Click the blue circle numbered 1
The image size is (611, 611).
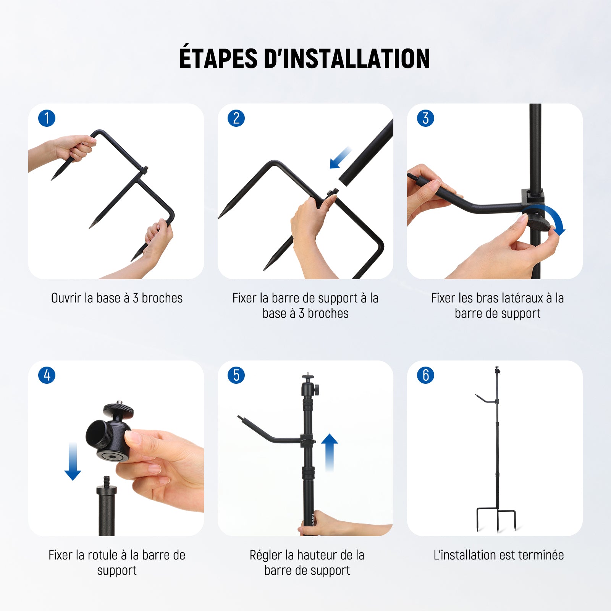click(47, 118)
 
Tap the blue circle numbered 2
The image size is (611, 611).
click(236, 118)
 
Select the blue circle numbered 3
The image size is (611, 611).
click(426, 118)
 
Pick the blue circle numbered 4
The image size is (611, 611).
click(47, 375)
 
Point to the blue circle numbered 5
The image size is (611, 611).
click(236, 375)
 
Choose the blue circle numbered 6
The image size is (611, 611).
click(426, 375)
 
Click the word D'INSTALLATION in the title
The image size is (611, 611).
click(347, 58)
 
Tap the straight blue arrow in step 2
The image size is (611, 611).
click(341, 157)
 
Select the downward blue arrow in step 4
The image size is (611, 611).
click(73, 461)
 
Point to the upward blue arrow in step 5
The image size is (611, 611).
click(329, 453)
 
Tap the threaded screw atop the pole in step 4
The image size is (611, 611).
click(107, 481)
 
